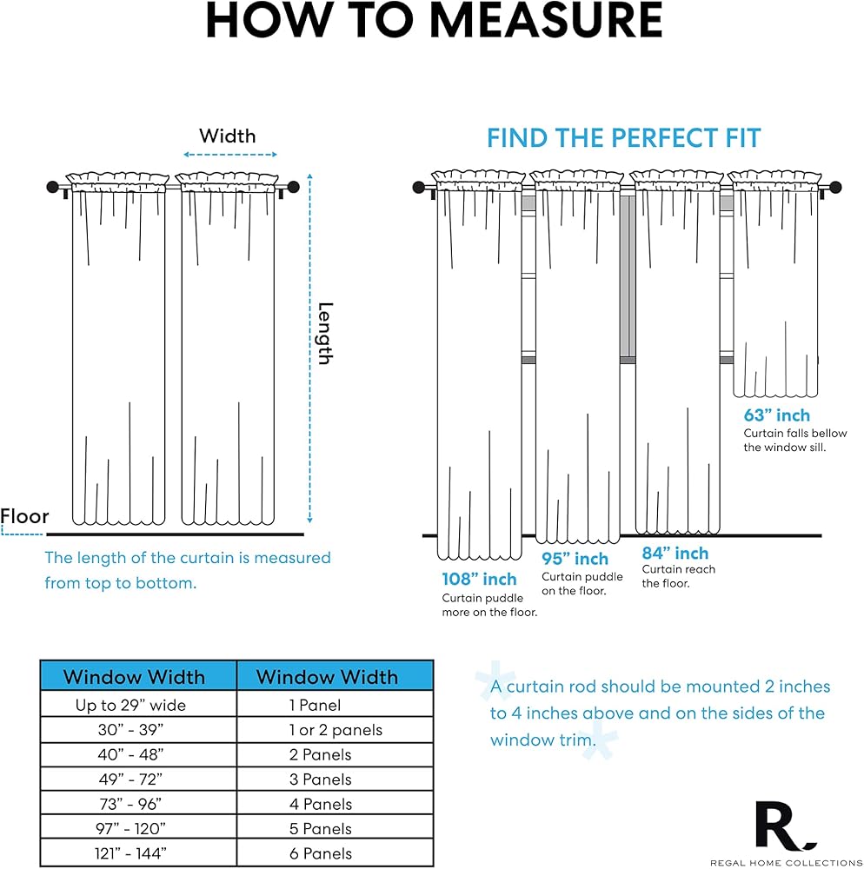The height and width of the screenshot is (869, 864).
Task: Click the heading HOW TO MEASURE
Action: coord(433,22)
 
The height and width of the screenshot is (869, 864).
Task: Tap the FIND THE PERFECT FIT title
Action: coord(623,137)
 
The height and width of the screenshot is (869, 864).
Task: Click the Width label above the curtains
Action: coord(228,136)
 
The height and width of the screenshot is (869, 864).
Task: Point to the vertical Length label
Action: coord(324,333)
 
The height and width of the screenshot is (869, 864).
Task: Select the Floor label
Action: coord(25,516)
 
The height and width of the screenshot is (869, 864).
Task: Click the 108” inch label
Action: coord(479,579)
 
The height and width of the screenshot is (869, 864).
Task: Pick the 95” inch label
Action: coord(575,559)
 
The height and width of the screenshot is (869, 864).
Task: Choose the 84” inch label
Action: coord(675,554)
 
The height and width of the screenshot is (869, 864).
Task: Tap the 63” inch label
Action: coord(776,415)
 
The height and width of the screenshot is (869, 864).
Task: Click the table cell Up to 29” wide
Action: coord(130,706)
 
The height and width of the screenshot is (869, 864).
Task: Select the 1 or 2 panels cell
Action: coord(335,730)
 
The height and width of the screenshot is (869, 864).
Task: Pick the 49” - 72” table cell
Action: coord(130,779)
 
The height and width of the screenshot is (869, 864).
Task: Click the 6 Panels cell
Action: coord(320,853)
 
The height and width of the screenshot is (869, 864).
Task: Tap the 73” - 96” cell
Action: coord(130,804)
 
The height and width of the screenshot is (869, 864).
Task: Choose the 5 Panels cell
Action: coord(320,829)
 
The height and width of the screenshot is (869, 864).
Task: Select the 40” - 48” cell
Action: coord(130,755)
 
